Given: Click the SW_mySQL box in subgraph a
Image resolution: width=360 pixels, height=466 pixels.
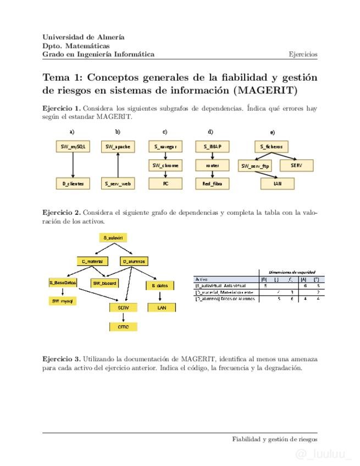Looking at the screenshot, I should pyautogui.click(x=73, y=147).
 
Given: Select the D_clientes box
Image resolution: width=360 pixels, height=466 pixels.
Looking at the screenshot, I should pyautogui.click(x=73, y=184).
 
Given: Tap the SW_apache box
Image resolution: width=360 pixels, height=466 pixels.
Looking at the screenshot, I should pyautogui.click(x=118, y=147).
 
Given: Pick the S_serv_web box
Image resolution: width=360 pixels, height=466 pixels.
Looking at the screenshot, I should pyautogui.click(x=118, y=184).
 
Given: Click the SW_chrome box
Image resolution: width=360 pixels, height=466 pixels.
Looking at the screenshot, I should pyautogui.click(x=165, y=165).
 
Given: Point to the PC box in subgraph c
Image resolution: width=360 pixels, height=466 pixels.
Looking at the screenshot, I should pyautogui.click(x=165, y=184).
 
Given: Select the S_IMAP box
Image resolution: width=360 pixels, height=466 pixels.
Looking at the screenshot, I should pyautogui.click(x=212, y=147).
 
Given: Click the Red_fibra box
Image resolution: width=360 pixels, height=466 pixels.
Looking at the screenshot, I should pyautogui.click(x=212, y=184).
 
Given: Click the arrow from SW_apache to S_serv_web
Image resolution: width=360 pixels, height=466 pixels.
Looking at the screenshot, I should pyautogui.click(x=118, y=165).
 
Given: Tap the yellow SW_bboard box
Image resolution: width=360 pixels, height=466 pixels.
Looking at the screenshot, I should pyautogui.click(x=104, y=283).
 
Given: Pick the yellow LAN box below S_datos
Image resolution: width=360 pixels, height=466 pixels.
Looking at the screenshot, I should pyautogui.click(x=161, y=308).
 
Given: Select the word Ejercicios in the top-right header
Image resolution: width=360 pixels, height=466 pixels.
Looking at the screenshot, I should pyautogui.click(x=303, y=54).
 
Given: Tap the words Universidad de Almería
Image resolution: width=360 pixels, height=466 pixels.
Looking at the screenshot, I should pyautogui.click(x=84, y=37).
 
